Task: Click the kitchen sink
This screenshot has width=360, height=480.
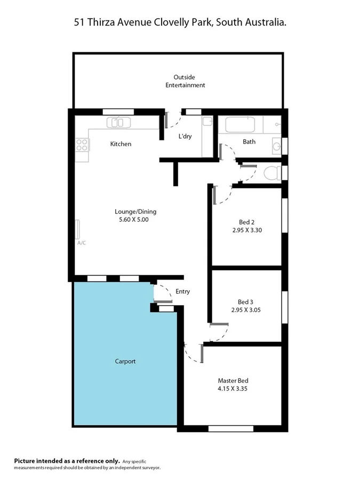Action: click(118, 123)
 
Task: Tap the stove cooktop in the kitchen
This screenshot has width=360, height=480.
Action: click(82, 145)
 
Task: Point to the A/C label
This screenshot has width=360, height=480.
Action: click(82, 243)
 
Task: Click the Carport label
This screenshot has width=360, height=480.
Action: click(125, 361)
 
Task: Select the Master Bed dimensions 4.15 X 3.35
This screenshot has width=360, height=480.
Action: click(233, 389)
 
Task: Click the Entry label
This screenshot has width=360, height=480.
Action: click(182, 292)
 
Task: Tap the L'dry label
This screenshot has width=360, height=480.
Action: click(185, 137)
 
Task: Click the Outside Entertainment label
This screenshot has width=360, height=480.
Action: click(185, 81)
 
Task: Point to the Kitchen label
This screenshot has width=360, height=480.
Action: click(121, 144)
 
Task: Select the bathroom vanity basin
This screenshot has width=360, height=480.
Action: click(277, 145)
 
